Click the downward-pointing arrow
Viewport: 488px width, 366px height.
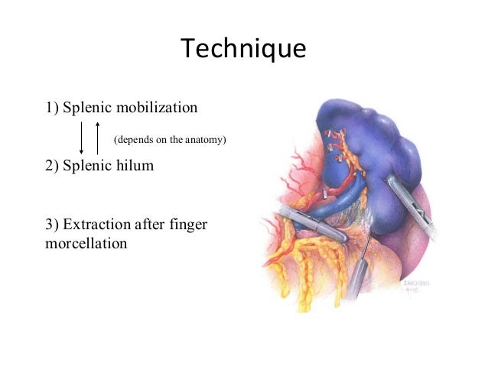82,138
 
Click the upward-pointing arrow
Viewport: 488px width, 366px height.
98,138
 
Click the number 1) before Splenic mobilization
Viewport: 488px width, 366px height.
52,107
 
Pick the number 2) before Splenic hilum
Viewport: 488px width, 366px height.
52,164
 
